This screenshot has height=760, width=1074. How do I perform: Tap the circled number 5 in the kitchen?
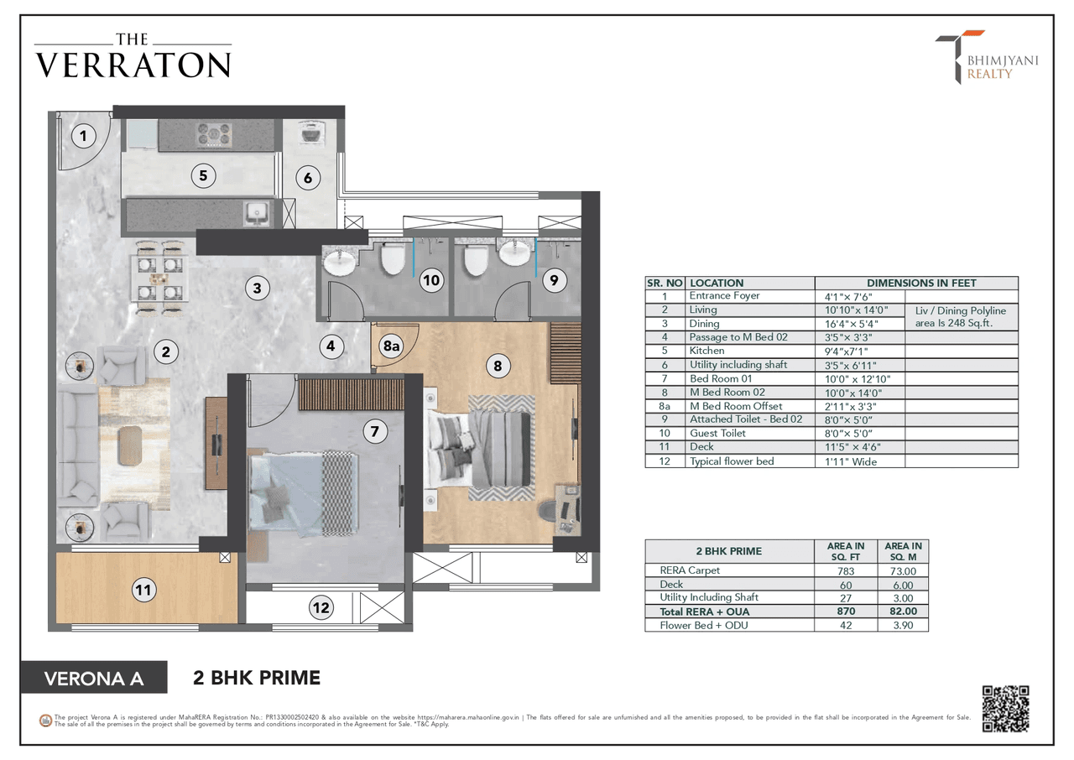point(202,176)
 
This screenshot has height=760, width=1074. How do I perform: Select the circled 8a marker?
point(391,346)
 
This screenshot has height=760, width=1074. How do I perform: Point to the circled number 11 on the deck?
point(143,591)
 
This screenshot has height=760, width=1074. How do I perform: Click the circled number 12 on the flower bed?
point(321,607)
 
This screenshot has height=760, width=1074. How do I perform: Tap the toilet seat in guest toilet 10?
point(393,258)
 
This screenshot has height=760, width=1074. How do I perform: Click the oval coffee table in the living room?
point(130,444)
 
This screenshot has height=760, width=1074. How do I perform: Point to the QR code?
point(1005,709)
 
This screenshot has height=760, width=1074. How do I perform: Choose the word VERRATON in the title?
point(133,65)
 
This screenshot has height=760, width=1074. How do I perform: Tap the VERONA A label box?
point(93,678)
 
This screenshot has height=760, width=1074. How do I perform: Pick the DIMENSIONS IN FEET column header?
point(916,284)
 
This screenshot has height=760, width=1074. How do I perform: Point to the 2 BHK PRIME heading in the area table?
point(729,551)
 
